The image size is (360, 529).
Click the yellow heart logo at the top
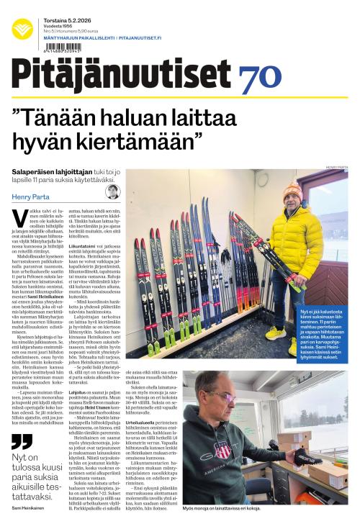coord(22,29)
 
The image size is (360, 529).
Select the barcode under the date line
coord(60,49)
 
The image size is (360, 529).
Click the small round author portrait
coord(112,191)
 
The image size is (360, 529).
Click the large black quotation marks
coord(22,440)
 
